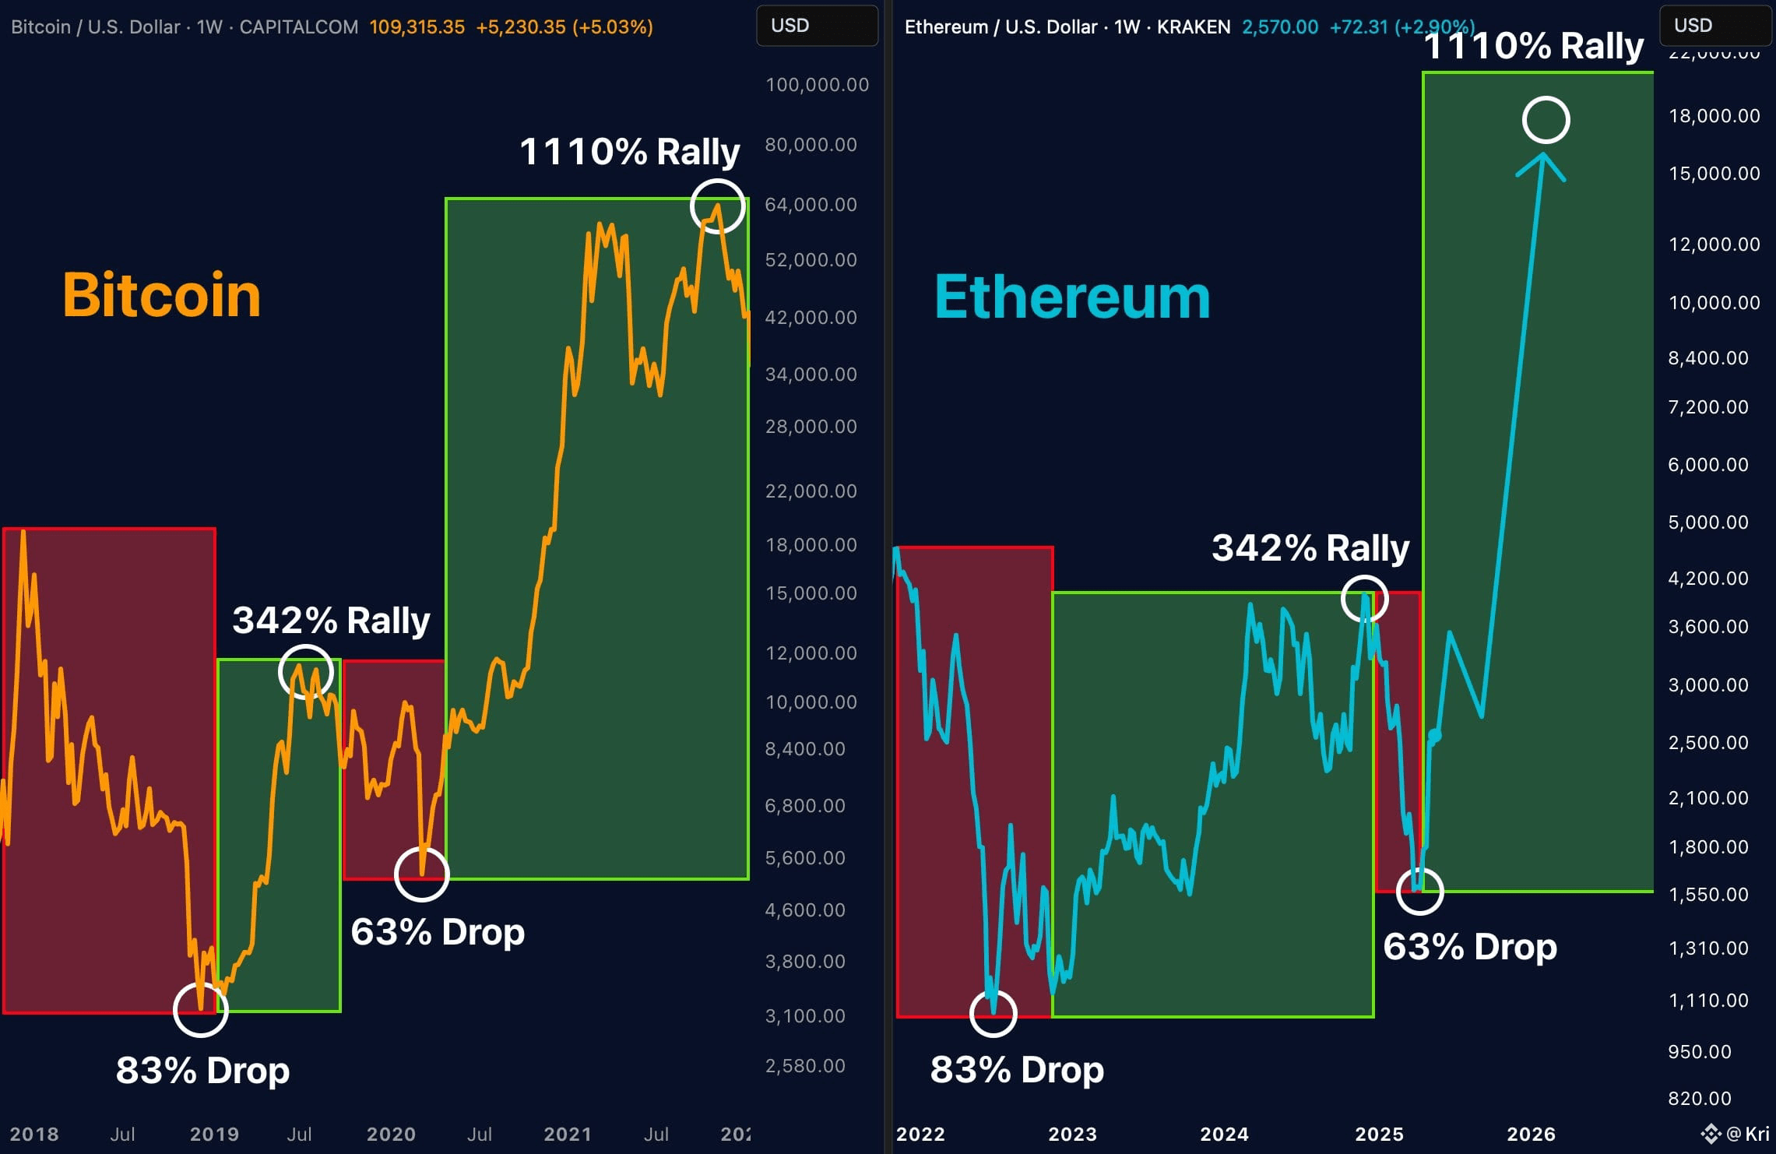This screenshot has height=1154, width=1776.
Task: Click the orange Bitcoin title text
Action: point(161,295)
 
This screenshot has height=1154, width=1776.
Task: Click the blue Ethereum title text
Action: point(1071,297)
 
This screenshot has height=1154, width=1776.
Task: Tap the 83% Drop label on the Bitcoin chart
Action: point(202,1070)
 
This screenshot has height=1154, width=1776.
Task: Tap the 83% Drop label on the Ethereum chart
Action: point(1017,1069)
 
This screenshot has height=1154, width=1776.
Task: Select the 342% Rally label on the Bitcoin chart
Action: point(331,621)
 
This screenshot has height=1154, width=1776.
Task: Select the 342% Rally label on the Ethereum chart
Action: point(1310,548)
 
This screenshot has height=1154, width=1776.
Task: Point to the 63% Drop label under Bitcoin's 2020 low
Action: point(438,931)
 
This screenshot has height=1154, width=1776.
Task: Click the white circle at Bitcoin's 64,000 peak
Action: point(717,206)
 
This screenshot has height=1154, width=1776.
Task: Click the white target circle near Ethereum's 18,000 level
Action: point(1546,120)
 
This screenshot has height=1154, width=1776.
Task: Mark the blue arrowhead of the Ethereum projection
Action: point(1542,164)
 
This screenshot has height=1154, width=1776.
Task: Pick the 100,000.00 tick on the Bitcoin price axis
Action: point(817,85)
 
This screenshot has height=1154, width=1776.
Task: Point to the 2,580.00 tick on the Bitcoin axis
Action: point(805,1065)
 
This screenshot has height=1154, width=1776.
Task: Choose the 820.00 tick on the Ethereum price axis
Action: point(1699,1098)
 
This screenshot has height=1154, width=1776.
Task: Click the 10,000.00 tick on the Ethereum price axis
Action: point(1714,302)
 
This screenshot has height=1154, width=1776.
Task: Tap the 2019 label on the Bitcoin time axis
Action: point(214,1134)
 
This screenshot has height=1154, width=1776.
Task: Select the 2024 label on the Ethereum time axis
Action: point(1224,1134)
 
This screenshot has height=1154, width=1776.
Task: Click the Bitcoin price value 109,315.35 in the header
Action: point(417,27)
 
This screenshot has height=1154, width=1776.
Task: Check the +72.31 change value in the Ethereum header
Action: point(1358,27)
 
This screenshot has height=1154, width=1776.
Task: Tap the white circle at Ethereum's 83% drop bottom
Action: point(994,1013)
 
